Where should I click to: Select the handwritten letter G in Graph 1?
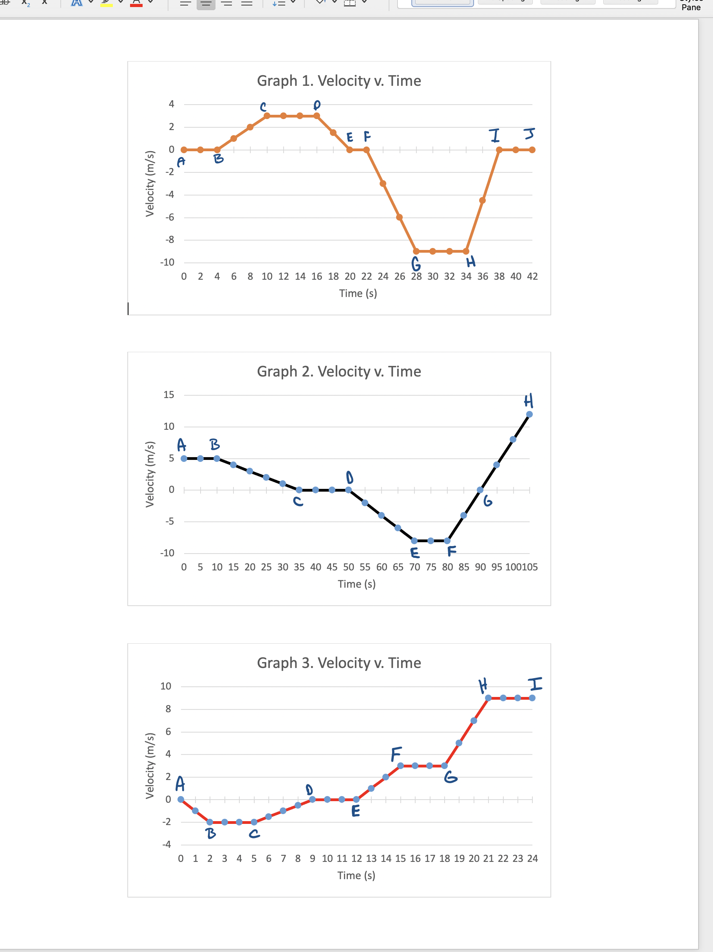[416, 263]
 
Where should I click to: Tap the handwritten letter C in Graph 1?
[263, 106]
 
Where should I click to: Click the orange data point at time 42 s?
[532, 150]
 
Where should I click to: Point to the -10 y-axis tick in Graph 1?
[167, 262]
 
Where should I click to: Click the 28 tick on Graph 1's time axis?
[416, 277]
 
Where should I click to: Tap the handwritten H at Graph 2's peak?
[528, 400]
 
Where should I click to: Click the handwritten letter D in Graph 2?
[349, 477]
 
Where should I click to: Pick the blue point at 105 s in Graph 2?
[529, 414]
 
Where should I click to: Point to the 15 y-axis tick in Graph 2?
[169, 395]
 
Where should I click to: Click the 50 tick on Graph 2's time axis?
[349, 567]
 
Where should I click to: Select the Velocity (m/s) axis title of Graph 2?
[150, 474]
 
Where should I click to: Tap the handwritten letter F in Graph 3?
[396, 754]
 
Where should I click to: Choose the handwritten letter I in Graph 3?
[535, 684]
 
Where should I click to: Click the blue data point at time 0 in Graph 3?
[181, 800]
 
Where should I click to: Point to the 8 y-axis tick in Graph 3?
[168, 709]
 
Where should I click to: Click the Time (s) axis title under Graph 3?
[356, 875]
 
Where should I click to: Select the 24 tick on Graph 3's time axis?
[532, 859]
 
